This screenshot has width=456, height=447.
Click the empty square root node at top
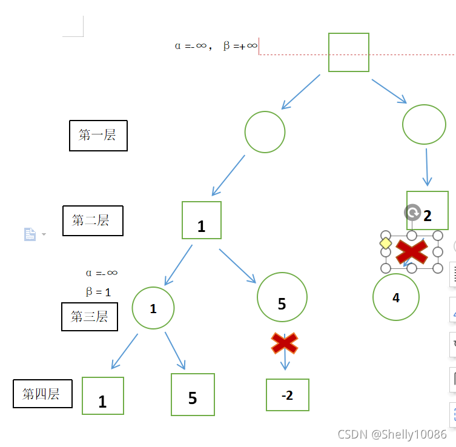[348, 53]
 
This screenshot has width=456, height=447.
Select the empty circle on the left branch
[265, 132]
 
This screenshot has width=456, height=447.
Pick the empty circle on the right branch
[424, 124]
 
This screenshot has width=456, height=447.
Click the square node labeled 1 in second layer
[202, 220]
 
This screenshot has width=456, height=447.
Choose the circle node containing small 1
[153, 308]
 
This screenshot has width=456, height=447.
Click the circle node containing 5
[282, 297]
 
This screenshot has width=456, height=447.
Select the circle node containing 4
[396, 297]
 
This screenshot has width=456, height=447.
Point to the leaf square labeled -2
[287, 395]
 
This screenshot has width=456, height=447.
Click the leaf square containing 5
[193, 394]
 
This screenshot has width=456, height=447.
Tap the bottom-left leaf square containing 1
[102, 396]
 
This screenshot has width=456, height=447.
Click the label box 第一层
[98, 135]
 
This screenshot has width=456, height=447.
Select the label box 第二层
[93, 220]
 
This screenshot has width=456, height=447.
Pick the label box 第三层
[89, 316]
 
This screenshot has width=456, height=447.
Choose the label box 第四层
[42, 394]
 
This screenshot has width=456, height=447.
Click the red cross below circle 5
[285, 343]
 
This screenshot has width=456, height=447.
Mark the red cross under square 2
[412, 251]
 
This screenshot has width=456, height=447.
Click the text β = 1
[98, 292]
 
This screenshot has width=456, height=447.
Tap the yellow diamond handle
[385, 243]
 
